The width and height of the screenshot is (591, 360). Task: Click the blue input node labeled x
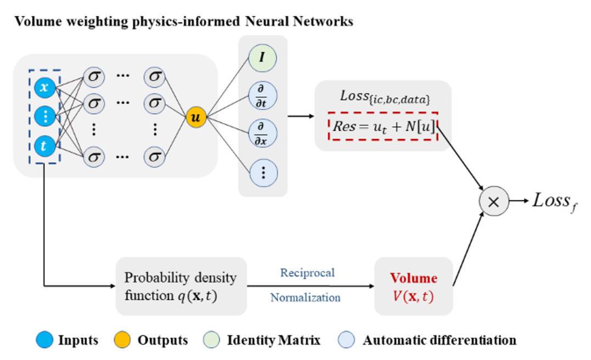[x=44, y=87]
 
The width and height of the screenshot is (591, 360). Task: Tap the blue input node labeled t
[x=44, y=146]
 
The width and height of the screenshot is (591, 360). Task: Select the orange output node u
[x=195, y=117]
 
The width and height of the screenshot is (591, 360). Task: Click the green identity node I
[x=263, y=57]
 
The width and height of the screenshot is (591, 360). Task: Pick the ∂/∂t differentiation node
[x=263, y=96]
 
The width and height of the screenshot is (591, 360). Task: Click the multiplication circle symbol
[x=494, y=201]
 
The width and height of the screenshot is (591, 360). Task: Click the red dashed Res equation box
[x=383, y=125]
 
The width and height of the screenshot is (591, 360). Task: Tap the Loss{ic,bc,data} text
[x=383, y=97]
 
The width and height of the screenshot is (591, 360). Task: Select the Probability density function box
[x=181, y=286]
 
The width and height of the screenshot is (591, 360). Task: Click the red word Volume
[x=414, y=278]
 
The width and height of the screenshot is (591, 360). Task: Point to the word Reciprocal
[x=307, y=273]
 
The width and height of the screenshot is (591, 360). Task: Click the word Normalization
[x=305, y=298]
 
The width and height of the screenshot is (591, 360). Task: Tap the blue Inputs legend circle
[x=45, y=340]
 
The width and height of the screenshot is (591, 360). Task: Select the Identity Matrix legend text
[x=274, y=340]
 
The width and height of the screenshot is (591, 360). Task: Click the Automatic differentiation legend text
[x=440, y=340]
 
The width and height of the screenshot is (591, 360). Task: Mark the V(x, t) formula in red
[x=414, y=296]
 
